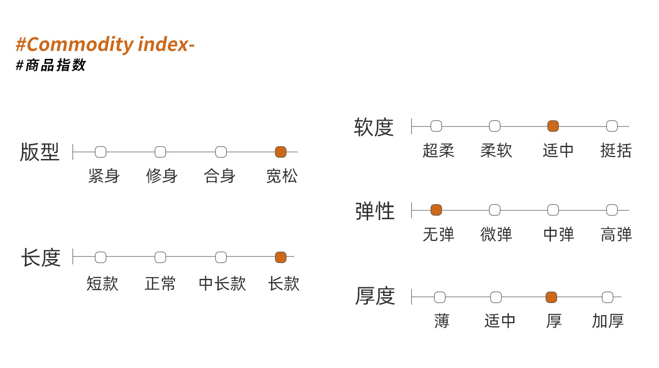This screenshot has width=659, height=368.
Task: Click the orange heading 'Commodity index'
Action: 108,45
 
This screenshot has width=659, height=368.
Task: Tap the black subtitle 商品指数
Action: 55,65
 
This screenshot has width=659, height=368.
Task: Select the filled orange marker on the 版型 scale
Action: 281,152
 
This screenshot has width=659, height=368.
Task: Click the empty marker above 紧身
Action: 101,152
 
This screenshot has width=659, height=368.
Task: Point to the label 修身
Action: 162,176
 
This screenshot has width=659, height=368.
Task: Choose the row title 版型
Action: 40,152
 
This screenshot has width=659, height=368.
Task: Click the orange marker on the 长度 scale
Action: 281,257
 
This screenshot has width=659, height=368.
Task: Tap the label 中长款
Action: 222,284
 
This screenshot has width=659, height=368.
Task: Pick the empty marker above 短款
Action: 101,257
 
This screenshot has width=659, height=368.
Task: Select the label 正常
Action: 160,284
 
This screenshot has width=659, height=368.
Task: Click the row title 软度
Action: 373,127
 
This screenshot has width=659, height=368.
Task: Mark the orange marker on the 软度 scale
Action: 553,126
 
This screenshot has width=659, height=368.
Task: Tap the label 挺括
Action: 616,151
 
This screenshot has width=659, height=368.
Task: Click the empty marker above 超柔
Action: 436,126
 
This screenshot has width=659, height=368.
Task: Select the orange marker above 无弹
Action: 436,210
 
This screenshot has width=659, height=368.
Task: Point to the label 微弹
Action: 496,235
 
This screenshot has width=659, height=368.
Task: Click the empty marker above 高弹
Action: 612,210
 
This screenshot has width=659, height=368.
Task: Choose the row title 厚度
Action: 375,296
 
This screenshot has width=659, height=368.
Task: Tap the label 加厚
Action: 608,321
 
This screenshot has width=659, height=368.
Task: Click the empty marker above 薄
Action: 440,297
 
